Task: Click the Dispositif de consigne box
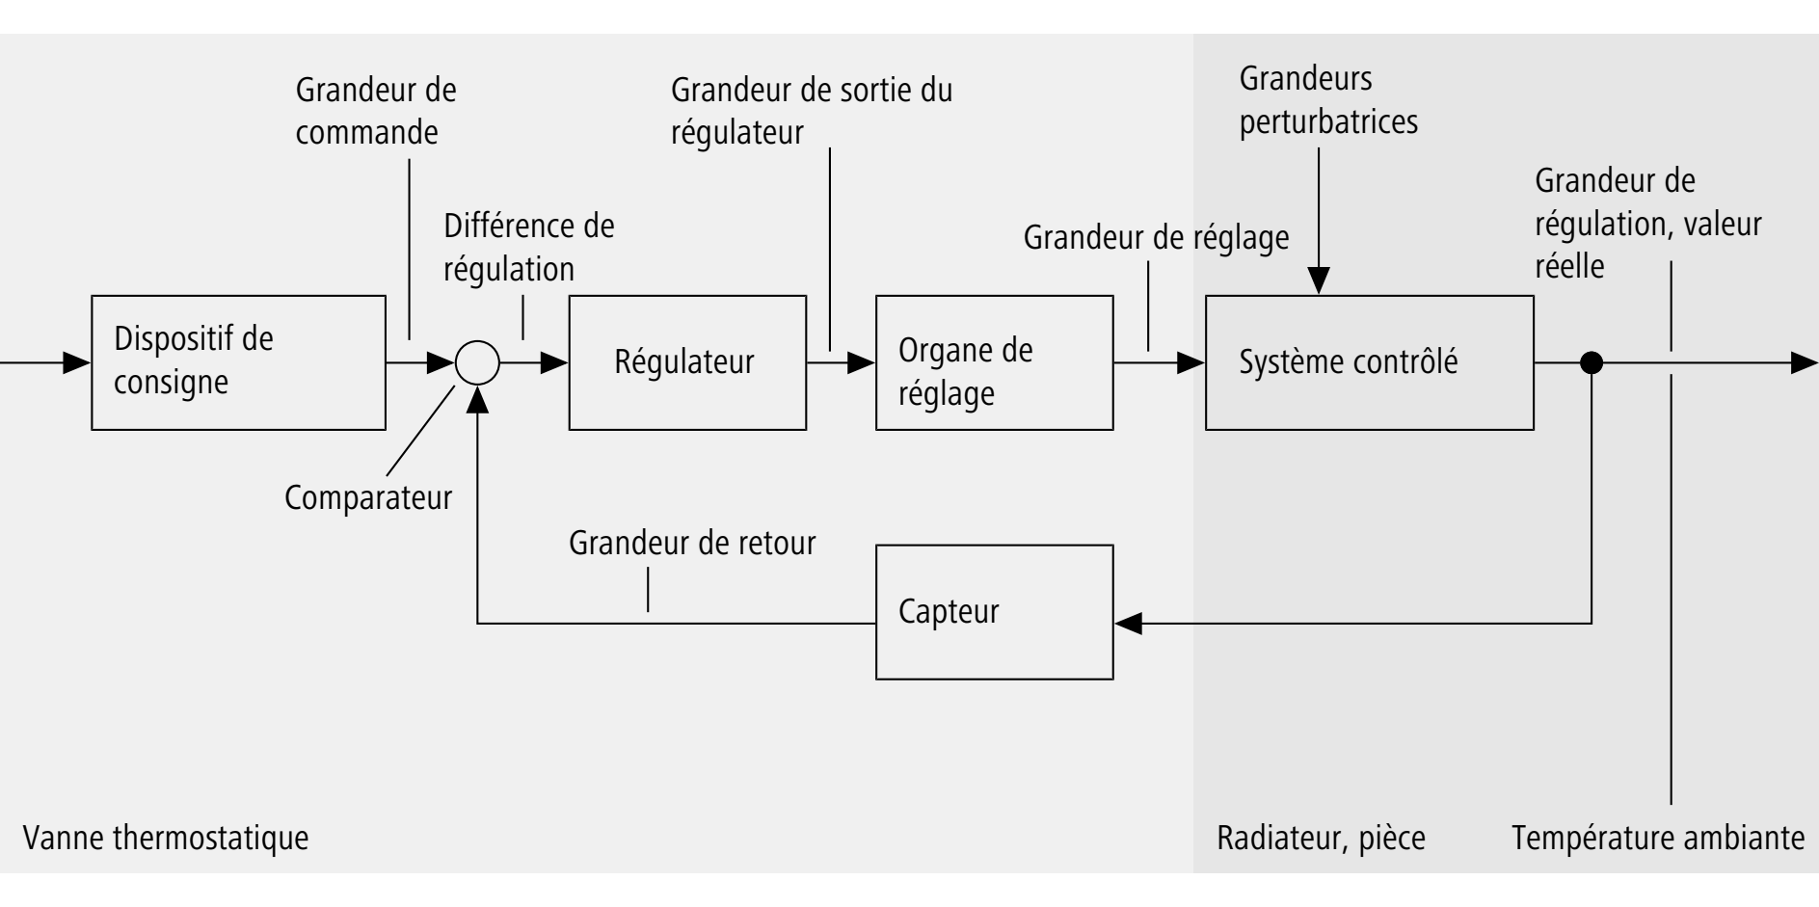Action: coord(238,362)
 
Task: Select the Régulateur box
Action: coord(687,362)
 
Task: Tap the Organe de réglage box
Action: coord(994,362)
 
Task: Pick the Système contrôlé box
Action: coord(1369,362)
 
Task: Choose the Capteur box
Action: coord(994,612)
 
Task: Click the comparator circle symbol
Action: coord(477,363)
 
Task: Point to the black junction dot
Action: coord(1592,363)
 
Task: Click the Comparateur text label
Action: coord(368,498)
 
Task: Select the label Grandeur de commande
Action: coord(375,111)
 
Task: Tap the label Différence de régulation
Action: coord(528,248)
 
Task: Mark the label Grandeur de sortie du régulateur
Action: coord(811,111)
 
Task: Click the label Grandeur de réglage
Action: coord(1156,237)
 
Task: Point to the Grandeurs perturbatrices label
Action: coord(1327,100)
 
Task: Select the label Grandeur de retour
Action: coord(692,544)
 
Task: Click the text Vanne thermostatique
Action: coord(166,838)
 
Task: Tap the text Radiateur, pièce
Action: coord(1321,838)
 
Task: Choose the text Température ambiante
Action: coord(1658,838)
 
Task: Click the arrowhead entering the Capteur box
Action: coord(1128,624)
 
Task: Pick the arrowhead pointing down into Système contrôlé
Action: coord(1319,280)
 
